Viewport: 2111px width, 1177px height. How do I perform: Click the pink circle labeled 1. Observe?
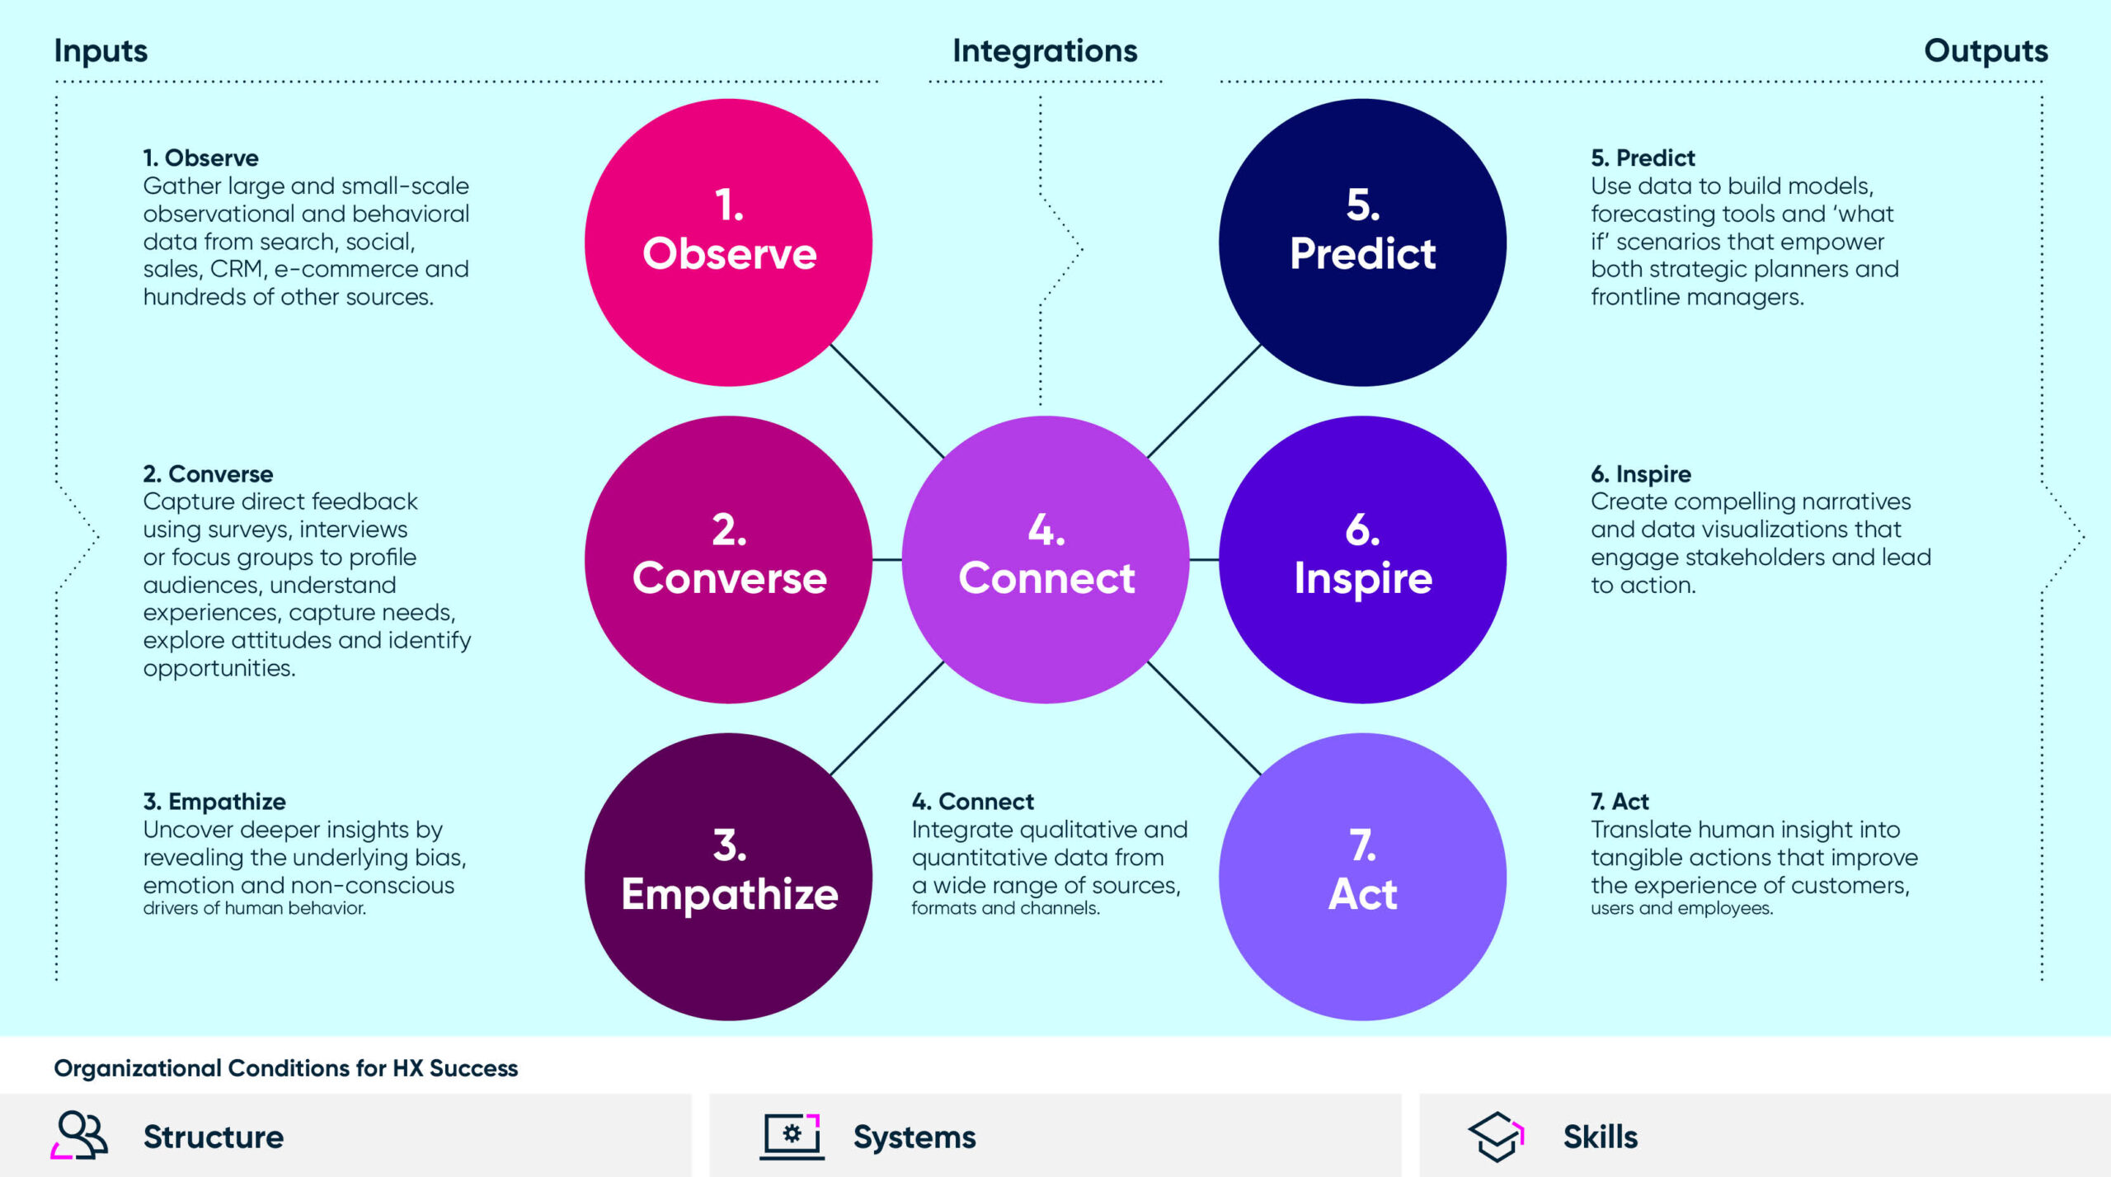[x=728, y=242]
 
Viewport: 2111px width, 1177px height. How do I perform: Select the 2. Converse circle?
[x=728, y=559]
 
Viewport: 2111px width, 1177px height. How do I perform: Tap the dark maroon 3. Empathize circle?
[x=728, y=876]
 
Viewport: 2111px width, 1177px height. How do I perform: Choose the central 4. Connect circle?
[x=1046, y=559]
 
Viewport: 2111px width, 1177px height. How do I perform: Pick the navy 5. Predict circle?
[x=1362, y=242]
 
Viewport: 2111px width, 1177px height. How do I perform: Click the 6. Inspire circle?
[x=1362, y=559]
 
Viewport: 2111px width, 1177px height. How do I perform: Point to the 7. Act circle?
[x=1362, y=876]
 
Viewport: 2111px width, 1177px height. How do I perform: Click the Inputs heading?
[x=101, y=51]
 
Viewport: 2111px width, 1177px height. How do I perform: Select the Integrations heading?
[x=1045, y=51]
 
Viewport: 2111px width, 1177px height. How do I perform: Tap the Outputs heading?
[x=1986, y=51]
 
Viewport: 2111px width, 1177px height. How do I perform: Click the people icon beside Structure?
[x=80, y=1135]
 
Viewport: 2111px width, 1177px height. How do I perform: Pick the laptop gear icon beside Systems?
[x=792, y=1136]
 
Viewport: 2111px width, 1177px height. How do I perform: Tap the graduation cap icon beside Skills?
[x=1496, y=1136]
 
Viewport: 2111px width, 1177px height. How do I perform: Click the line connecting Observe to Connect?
[x=886, y=401]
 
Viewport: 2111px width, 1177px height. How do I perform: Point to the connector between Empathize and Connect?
[x=886, y=718]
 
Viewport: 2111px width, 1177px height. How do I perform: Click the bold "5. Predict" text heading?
[x=1643, y=158]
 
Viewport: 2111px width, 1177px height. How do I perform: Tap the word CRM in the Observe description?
[x=237, y=269]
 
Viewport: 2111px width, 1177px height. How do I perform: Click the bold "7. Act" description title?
[x=1620, y=801]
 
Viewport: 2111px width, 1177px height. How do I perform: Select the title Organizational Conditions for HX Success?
[x=285, y=1068]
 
